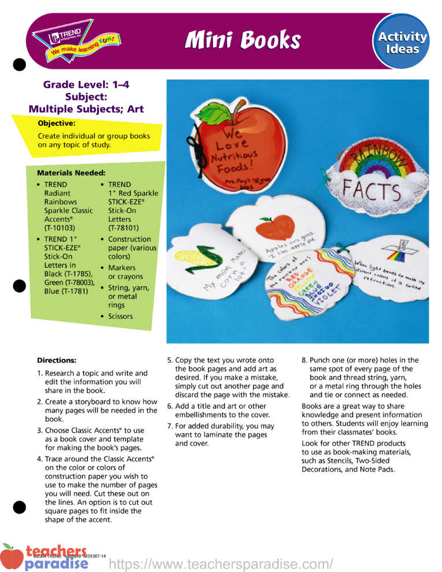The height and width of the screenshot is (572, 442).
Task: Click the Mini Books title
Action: click(x=243, y=40)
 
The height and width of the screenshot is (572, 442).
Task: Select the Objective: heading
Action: click(x=57, y=123)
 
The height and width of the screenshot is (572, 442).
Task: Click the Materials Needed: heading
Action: click(x=71, y=173)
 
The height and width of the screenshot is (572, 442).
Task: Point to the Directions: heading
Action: click(x=57, y=360)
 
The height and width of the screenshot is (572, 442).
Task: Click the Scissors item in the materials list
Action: click(x=120, y=316)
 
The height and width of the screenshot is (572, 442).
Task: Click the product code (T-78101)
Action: click(x=124, y=228)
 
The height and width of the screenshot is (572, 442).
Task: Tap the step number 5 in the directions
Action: click(x=170, y=360)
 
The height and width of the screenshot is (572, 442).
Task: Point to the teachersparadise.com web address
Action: click(x=221, y=563)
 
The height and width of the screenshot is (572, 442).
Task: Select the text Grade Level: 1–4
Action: click(x=86, y=85)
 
